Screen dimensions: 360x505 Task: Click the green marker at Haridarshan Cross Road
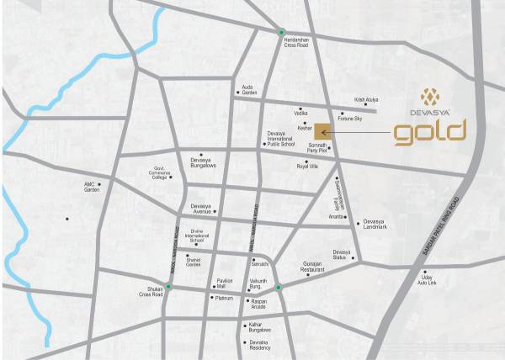(x=282, y=33)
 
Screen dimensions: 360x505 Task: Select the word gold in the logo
(x=431, y=132)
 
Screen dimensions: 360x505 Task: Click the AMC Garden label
(x=92, y=187)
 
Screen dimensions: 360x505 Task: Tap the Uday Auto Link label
(x=430, y=279)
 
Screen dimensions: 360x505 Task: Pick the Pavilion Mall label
(x=224, y=283)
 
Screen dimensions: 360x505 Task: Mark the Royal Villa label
(x=307, y=167)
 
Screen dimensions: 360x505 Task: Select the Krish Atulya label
(x=365, y=99)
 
